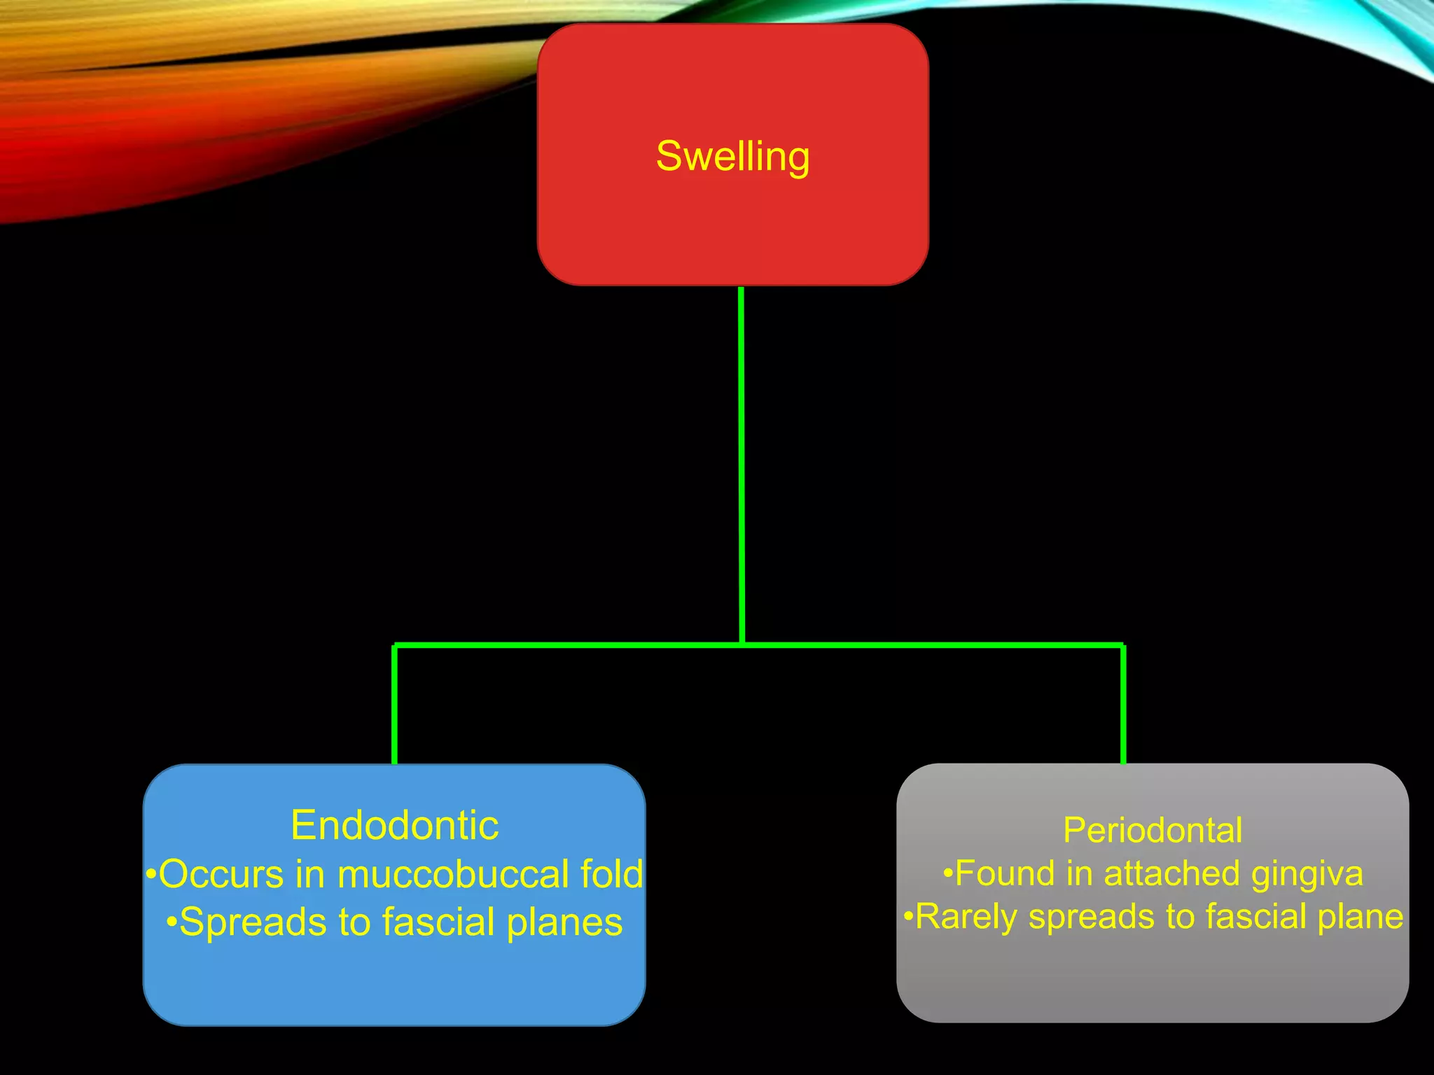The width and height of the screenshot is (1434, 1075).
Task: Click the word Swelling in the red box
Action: [x=732, y=156]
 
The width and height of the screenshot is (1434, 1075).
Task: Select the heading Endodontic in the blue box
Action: [x=394, y=825]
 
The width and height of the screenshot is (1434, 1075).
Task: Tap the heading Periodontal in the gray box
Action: [x=1153, y=830]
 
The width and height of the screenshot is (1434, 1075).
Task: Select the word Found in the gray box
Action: [x=1005, y=873]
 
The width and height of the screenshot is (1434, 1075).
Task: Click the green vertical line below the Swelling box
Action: [x=741, y=462]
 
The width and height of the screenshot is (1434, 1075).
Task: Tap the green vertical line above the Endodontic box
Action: [x=394, y=703]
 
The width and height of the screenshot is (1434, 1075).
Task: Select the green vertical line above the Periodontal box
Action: [x=1123, y=703]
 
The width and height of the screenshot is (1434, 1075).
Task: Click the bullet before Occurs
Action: [x=151, y=875]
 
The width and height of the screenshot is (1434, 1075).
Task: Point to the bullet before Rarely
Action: [x=908, y=916]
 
